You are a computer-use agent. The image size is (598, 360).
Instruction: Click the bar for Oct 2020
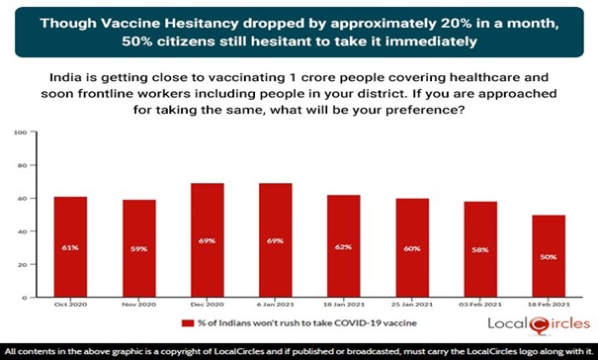71,247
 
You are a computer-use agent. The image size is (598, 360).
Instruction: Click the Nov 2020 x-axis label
139,308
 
